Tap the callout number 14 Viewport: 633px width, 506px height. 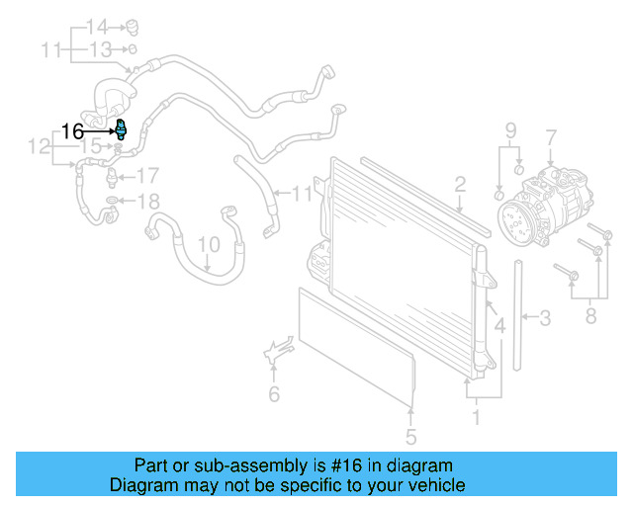pos(96,26)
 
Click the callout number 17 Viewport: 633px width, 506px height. pos(147,177)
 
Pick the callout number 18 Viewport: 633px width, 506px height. pos(146,203)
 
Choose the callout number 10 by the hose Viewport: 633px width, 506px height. pos(208,243)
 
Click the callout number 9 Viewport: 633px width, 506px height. pos(511,129)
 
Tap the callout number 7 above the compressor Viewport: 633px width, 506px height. pos(551,137)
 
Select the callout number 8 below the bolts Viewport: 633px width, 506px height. pos(590,317)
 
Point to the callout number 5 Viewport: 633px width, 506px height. pos(410,436)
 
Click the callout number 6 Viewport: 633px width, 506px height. pos(274,394)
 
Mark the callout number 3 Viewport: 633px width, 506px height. pos(544,318)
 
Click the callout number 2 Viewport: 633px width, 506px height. pos(460,184)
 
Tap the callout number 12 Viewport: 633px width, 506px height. pos(39,147)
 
